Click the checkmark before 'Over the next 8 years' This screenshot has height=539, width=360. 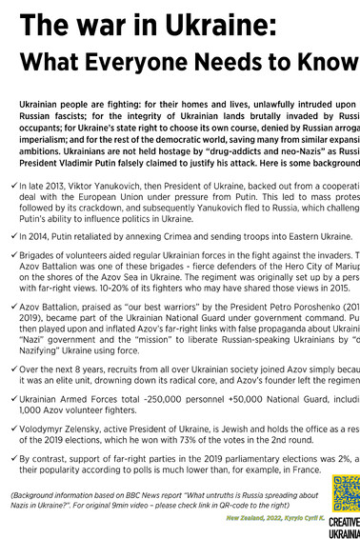[10, 368]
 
